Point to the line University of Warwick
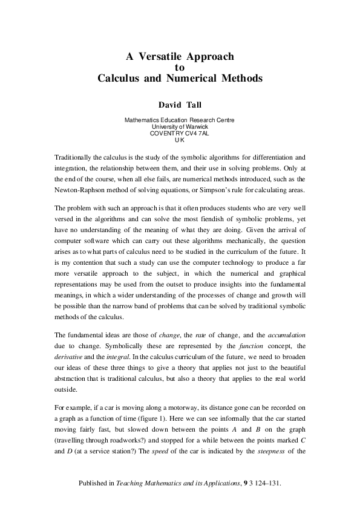pos(180,126)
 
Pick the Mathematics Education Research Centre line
pos(180,120)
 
